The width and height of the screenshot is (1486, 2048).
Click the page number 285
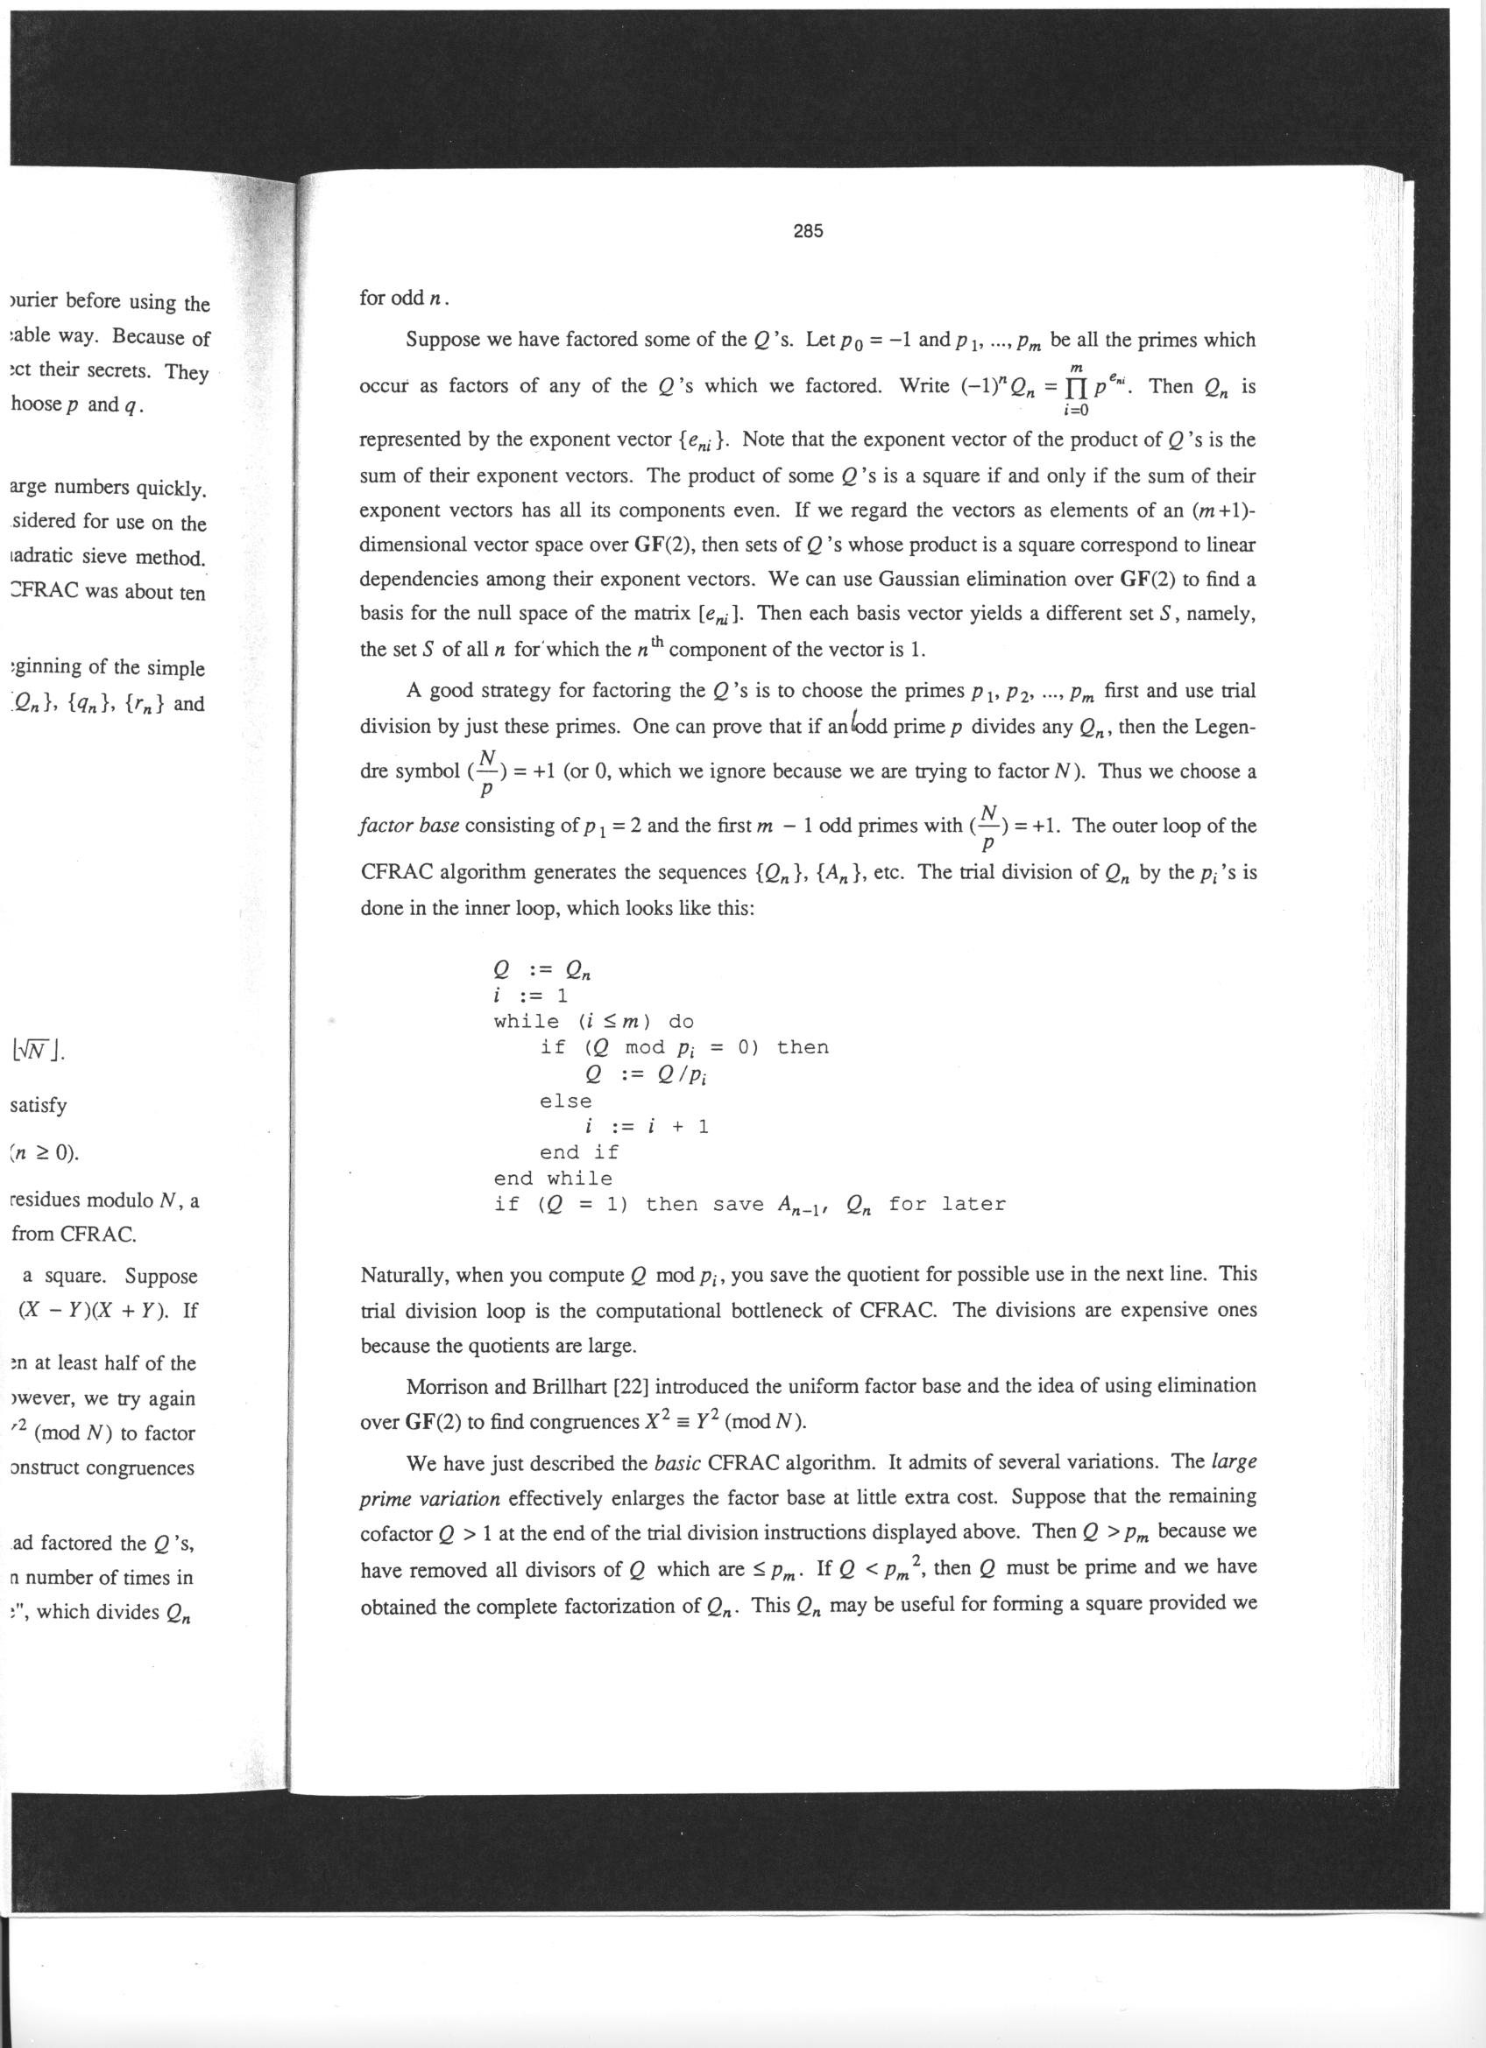808,232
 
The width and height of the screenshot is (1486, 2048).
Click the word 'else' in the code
565,1101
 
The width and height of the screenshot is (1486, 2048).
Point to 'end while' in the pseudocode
553,1179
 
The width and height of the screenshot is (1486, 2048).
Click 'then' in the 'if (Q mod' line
803,1047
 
